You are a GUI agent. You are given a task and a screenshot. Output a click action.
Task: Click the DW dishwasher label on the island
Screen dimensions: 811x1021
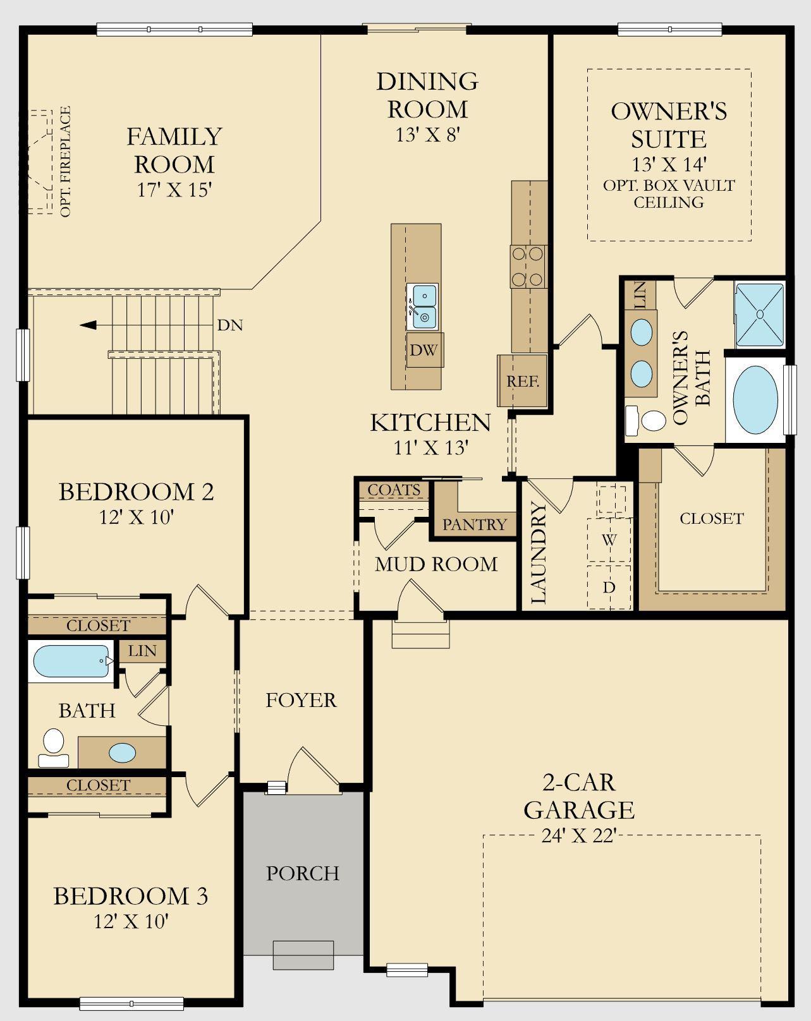424,350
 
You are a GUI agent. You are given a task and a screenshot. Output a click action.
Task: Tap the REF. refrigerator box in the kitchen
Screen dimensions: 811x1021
522,380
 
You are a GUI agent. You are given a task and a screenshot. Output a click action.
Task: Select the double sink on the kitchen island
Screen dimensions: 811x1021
423,307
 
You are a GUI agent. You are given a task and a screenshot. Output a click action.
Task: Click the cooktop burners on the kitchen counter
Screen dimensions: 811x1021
528,267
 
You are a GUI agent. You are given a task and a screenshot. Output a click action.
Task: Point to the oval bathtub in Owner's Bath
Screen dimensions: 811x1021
755,399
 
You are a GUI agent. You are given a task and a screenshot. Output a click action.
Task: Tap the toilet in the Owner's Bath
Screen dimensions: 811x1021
646,420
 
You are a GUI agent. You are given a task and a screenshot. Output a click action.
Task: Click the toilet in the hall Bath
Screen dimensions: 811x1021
53,747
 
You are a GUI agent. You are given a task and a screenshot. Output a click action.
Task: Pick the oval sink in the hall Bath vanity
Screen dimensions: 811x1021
122,752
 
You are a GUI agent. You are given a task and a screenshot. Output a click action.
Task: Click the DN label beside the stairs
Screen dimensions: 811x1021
230,325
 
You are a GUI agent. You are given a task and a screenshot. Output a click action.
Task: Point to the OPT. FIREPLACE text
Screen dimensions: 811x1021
66,161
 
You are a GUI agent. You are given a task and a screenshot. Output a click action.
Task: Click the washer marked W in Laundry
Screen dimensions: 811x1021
610,540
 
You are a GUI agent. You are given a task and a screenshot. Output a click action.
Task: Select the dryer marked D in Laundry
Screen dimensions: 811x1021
610,587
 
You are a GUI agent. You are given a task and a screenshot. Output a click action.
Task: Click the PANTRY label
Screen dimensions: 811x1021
474,524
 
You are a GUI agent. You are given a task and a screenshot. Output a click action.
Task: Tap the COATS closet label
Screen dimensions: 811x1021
394,490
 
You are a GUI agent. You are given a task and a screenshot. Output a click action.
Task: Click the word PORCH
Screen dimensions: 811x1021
302,873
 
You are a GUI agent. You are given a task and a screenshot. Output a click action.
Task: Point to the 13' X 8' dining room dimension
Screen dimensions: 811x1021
428,135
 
